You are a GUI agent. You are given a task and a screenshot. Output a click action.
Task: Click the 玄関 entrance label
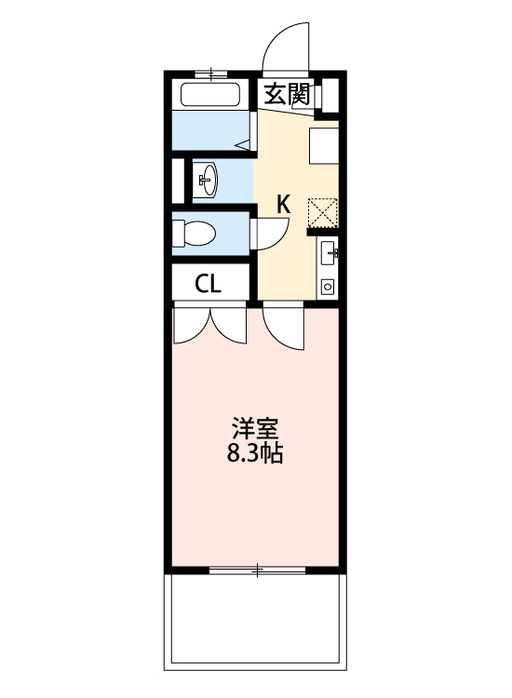(286, 93)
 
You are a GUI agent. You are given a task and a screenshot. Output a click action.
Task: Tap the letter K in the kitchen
(284, 204)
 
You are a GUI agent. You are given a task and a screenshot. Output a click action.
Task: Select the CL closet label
(209, 284)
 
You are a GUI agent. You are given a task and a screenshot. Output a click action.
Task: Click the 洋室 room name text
(254, 429)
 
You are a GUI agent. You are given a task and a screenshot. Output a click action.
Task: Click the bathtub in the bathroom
(210, 94)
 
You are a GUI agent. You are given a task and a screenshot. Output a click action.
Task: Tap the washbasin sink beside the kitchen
(207, 179)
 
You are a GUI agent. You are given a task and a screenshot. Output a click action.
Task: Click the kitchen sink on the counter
(327, 250)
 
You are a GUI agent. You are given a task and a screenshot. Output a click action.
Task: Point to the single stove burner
(327, 286)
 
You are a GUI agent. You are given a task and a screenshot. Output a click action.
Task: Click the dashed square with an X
(323, 211)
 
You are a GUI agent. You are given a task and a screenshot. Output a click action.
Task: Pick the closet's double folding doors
(210, 326)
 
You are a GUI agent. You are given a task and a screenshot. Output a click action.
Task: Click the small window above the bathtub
(210, 73)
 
